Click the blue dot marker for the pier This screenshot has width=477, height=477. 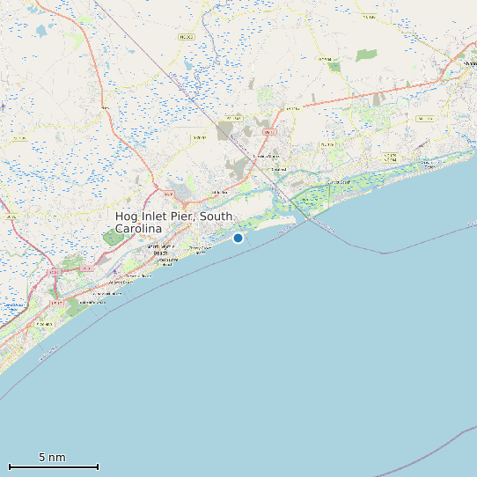(238, 238)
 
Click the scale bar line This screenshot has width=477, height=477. (53, 466)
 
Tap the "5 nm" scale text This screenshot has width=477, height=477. (52, 458)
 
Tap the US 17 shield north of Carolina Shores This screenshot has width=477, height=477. (268, 132)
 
